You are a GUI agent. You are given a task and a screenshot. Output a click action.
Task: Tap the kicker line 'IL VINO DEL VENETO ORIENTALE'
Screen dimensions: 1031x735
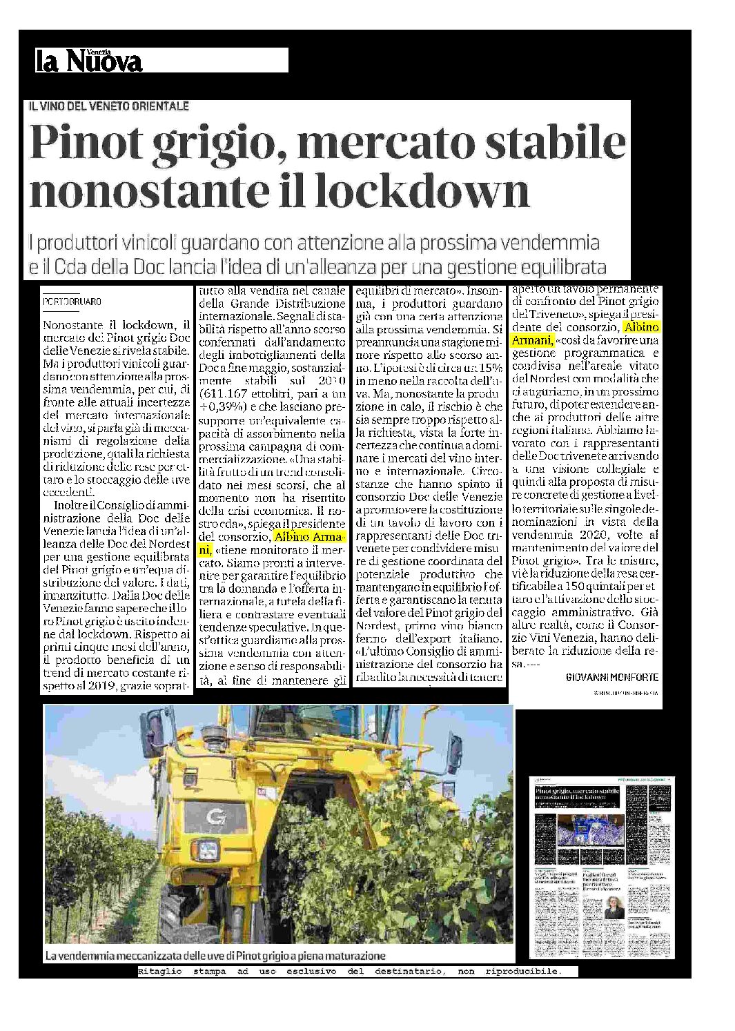[x=108, y=106]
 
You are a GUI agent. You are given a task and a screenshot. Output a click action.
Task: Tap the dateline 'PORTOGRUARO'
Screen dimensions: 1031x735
[x=72, y=302]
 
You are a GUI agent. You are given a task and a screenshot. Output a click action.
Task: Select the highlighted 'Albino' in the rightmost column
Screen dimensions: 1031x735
[x=640, y=327]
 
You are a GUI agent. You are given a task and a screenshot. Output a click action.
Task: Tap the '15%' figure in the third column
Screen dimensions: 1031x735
[x=490, y=368]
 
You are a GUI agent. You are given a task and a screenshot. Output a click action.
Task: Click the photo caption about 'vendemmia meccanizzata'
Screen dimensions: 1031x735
[x=215, y=956]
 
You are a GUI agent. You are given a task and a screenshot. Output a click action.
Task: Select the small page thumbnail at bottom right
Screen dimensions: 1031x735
[x=603, y=867]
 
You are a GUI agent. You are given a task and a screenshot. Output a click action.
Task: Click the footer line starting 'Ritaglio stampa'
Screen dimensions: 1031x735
[x=349, y=971]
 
